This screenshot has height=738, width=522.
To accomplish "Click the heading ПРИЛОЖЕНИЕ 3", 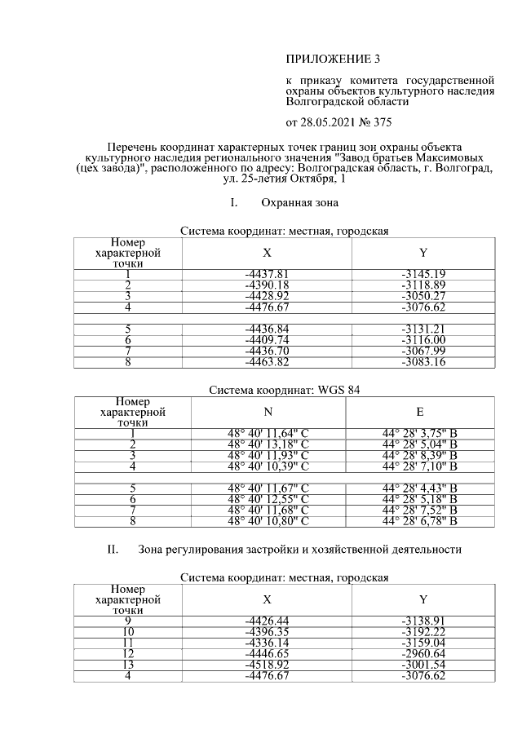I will pos(333,60).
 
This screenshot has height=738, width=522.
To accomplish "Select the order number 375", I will pos(380,123).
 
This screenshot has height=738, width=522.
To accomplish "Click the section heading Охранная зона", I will pos(299,201).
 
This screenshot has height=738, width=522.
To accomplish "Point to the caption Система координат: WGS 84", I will pos(284,390).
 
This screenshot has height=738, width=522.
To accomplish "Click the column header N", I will pos(268,412).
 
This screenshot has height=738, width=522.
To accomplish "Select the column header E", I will pos(419,412).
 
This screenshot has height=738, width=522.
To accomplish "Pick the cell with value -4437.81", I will pos(268,274).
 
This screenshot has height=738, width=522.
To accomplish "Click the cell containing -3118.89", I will pos(422,285).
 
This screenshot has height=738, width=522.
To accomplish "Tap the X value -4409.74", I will pos(268,340).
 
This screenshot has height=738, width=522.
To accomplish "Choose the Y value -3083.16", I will pos(422,362).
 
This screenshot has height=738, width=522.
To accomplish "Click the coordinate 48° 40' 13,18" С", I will pos(268,444).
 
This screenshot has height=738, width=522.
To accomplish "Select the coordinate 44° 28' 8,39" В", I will pos(419,455).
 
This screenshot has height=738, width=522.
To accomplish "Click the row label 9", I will pos(127,621).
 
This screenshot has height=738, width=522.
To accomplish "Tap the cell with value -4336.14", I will pos(268,643).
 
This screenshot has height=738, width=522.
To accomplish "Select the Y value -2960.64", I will pos(422,654).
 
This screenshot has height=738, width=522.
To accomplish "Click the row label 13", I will pos(127,665).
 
